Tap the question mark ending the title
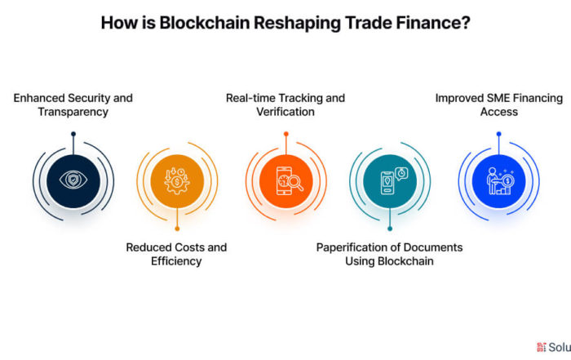pos(466,23)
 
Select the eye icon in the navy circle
pos(73,180)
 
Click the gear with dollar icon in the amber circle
pos(177,181)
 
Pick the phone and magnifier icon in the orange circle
pos(290,181)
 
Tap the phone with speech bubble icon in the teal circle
pos(394,181)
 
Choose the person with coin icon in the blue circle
pos(500,181)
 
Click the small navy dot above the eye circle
pos(73,134)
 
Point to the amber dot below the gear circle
pos(177,229)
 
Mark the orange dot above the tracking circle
pos(286,134)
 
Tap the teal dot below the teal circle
pos(390,229)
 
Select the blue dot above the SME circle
pos(499,134)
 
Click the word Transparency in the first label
pos(73,112)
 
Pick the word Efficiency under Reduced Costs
pos(176,261)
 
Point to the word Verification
pos(285,112)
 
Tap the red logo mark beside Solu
pos(542,347)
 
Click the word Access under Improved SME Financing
pos(499,112)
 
